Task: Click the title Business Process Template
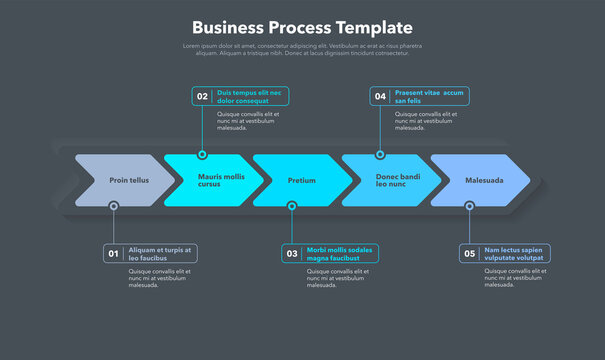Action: (x=302, y=27)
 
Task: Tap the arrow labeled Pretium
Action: (x=302, y=181)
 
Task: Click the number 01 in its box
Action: (x=114, y=254)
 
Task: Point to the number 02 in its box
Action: (x=202, y=97)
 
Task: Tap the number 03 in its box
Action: (x=292, y=254)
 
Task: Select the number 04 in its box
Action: (x=380, y=97)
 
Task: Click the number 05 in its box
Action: (x=470, y=254)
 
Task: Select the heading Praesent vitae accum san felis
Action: (x=429, y=97)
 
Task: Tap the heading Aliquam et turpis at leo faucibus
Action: (x=160, y=254)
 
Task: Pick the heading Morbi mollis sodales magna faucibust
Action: (x=339, y=254)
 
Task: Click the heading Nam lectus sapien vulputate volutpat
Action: (x=514, y=254)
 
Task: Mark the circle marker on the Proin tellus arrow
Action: (x=114, y=206)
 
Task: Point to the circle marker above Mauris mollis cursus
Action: (x=202, y=155)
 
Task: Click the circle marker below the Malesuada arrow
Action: (x=470, y=206)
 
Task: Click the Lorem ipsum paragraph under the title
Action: (x=302, y=49)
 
